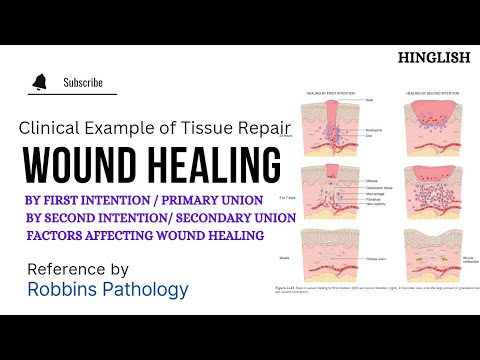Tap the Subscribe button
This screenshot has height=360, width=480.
[x=83, y=82]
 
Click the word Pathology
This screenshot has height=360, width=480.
[x=146, y=291]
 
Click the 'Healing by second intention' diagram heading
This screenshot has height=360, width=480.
[x=424, y=93]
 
